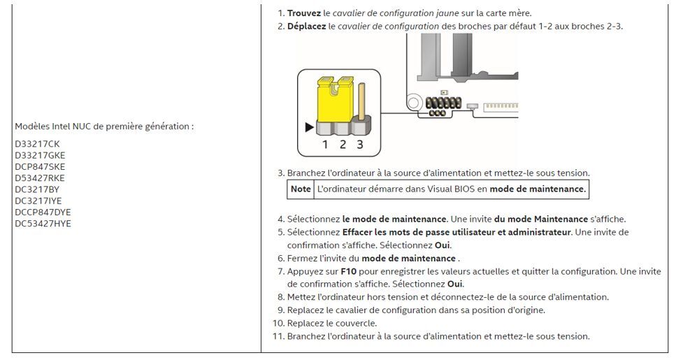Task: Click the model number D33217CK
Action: [x=37, y=144]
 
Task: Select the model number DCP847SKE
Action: [x=40, y=167]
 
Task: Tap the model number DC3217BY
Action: [x=37, y=189]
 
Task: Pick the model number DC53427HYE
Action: [x=43, y=224]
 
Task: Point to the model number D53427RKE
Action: [x=40, y=178]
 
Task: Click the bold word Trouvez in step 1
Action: [x=304, y=13]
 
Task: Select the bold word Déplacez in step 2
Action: [x=306, y=27]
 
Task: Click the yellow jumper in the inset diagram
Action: [x=336, y=99]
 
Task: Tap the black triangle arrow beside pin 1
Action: [x=309, y=127]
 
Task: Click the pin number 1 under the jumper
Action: [x=325, y=145]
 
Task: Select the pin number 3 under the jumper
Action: [x=360, y=145]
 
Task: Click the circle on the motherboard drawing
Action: [x=413, y=103]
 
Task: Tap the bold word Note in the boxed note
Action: [x=301, y=189]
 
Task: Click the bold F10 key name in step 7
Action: [x=348, y=272]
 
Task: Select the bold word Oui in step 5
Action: [x=442, y=245]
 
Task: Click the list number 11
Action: [x=278, y=336]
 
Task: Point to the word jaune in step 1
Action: [x=447, y=13]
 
